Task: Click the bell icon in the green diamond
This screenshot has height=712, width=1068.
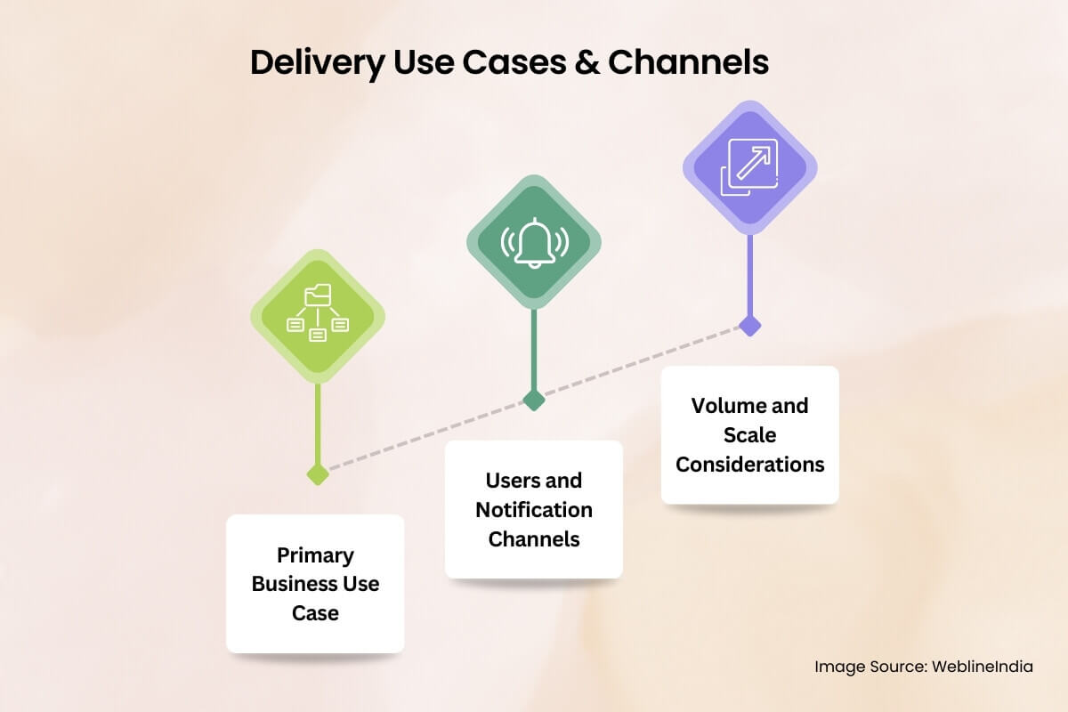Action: click(x=534, y=242)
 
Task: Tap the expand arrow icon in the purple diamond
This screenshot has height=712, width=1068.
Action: click(x=750, y=167)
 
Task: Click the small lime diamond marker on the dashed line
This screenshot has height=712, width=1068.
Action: click(x=318, y=473)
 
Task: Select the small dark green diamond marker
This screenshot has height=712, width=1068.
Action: click(x=534, y=400)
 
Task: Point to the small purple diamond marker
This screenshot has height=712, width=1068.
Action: click(x=750, y=325)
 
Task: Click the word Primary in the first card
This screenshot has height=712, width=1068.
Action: click(x=315, y=555)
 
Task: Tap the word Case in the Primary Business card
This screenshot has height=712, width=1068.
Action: click(x=315, y=613)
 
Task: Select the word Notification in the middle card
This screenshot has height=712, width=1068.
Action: click(x=534, y=510)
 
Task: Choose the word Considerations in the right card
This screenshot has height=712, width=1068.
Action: click(x=750, y=465)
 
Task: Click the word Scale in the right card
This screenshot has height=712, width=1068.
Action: click(x=749, y=435)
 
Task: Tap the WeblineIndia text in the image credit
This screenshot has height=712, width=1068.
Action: click(x=983, y=667)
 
